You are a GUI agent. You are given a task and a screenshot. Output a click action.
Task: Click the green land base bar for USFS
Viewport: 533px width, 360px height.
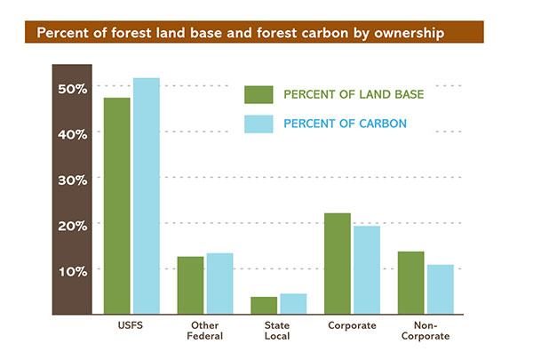[x=116, y=206]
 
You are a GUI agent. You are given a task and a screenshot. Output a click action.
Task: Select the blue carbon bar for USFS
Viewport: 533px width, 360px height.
[x=146, y=196]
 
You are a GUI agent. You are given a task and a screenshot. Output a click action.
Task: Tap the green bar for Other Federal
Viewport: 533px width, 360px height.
[x=190, y=285]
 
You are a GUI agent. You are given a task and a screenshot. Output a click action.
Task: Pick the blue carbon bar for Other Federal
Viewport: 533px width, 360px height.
[x=219, y=284]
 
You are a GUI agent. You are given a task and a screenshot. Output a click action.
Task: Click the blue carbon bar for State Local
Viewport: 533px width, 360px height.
[x=293, y=304]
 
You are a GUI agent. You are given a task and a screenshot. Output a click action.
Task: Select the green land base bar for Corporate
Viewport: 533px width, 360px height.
[x=338, y=264]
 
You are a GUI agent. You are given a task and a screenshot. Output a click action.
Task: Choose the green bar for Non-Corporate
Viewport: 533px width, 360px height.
[x=410, y=283]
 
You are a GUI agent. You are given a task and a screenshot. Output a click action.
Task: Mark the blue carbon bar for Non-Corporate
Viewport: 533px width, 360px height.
[x=440, y=289]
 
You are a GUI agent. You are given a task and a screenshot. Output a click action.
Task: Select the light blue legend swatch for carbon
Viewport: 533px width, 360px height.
[x=258, y=124]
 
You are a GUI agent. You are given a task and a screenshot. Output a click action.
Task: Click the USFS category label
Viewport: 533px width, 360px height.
[x=131, y=325]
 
